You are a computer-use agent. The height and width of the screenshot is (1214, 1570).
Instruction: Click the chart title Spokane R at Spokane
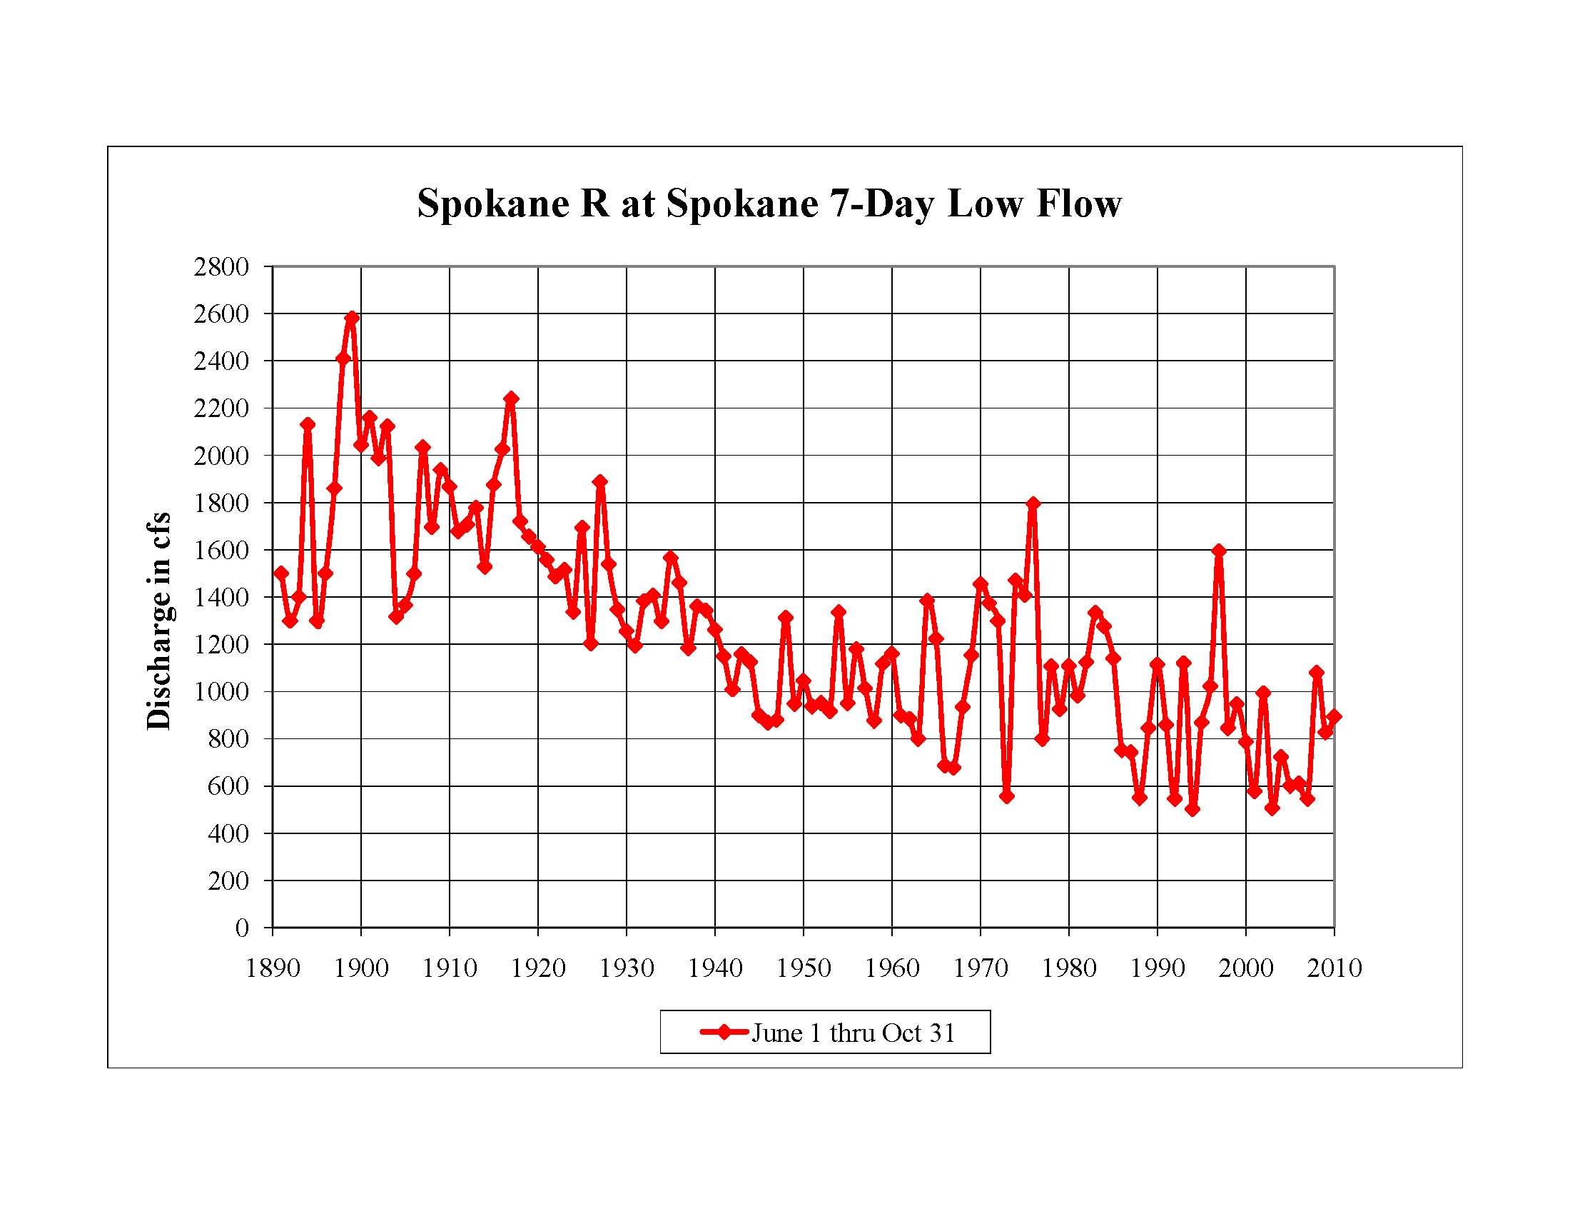(x=769, y=204)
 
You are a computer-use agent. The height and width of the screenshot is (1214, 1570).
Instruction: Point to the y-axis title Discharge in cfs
(x=159, y=620)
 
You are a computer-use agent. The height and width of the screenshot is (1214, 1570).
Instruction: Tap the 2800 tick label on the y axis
(x=221, y=267)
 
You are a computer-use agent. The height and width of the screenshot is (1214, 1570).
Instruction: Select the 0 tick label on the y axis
(x=242, y=928)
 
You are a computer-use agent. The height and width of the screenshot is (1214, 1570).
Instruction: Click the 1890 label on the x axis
(x=273, y=969)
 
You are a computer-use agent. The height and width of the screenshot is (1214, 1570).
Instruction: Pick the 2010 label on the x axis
(x=1334, y=969)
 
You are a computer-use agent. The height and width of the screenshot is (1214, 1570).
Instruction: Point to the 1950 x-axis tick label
(x=803, y=969)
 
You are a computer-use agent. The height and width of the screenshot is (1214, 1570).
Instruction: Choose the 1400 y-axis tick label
(x=221, y=597)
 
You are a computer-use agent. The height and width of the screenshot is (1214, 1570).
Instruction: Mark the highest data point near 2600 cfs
(x=353, y=317)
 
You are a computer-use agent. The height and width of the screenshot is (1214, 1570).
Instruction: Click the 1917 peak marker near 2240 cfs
(x=511, y=398)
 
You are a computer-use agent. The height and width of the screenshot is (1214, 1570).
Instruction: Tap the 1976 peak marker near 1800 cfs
(x=1033, y=503)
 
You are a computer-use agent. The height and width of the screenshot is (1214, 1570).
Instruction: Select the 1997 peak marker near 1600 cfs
(x=1218, y=551)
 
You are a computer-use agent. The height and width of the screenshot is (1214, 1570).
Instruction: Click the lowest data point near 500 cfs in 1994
(x=1192, y=809)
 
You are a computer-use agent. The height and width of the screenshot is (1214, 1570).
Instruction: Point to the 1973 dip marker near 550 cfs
(x=1006, y=796)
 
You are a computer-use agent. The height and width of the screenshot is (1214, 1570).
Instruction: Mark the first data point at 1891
(x=281, y=573)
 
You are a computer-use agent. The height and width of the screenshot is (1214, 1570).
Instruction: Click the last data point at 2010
(x=1334, y=716)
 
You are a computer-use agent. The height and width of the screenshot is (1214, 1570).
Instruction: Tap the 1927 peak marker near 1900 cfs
(x=600, y=482)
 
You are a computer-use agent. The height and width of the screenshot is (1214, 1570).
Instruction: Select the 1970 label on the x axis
(x=980, y=969)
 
